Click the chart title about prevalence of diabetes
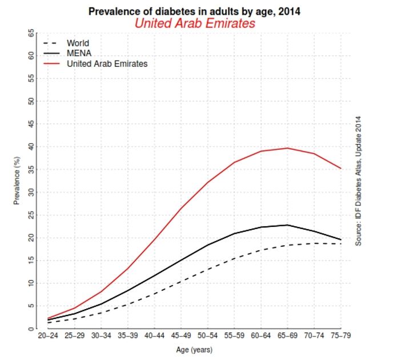coord(194,11)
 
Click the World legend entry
coord(78,43)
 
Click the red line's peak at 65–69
coord(287,148)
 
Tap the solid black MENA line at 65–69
coord(287,225)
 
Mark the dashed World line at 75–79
coord(341,244)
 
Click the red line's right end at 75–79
coord(341,168)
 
